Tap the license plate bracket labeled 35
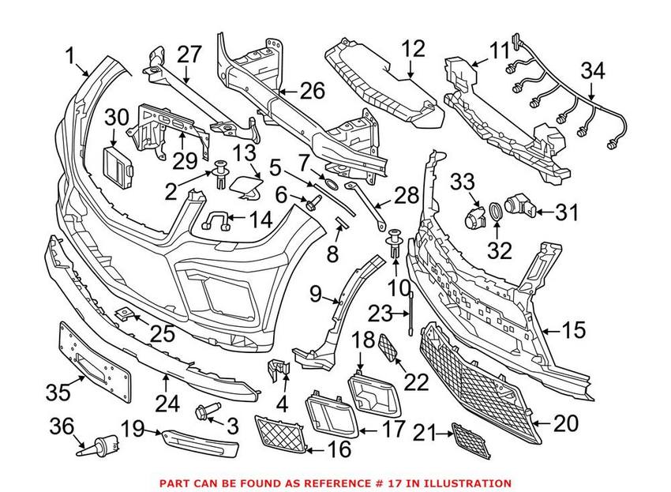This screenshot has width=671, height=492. [96, 362]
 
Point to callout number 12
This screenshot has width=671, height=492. [412, 50]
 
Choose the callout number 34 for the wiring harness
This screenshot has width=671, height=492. [593, 71]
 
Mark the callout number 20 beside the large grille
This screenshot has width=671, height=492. [566, 423]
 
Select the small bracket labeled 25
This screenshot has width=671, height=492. [125, 314]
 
